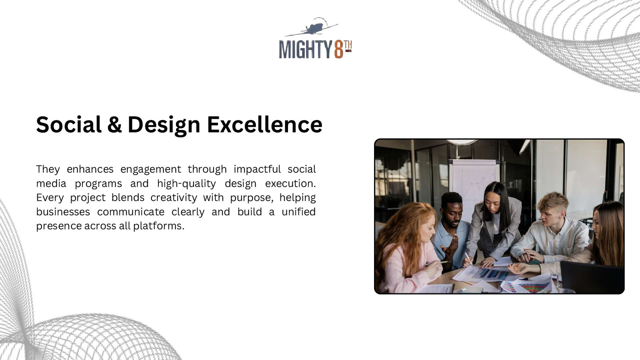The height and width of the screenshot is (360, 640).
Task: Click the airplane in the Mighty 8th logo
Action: click(314, 28)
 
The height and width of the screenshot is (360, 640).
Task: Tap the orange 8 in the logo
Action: click(338, 50)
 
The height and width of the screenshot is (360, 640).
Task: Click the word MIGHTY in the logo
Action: click(306, 50)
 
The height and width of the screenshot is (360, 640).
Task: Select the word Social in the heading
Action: click(69, 124)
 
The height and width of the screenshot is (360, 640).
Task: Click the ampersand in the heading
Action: click(114, 124)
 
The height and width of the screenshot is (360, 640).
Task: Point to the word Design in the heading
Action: click(164, 125)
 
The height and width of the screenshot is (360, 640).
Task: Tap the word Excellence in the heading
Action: click(264, 124)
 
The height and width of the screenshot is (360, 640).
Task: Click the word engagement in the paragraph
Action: click(151, 170)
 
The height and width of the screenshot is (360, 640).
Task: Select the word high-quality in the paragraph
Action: click(186, 184)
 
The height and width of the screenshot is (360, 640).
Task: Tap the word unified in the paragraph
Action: click(298, 212)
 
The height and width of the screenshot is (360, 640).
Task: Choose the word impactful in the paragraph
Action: click(257, 170)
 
